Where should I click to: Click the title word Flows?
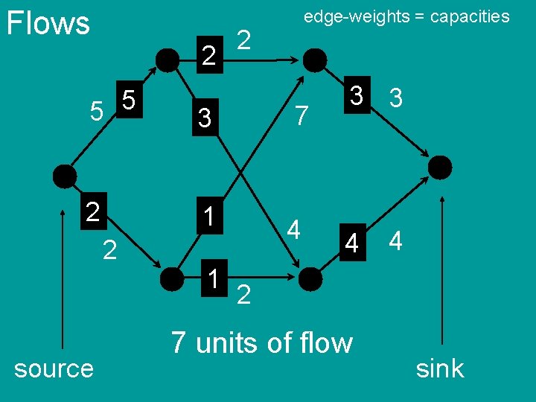click(48, 23)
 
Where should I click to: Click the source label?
click(54, 368)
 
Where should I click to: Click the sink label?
click(439, 368)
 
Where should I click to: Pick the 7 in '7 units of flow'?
click(178, 342)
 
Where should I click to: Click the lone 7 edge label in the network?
click(301, 115)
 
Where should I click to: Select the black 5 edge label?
click(129, 100)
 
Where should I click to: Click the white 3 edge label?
click(397, 98)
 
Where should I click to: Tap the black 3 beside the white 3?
click(357, 95)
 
